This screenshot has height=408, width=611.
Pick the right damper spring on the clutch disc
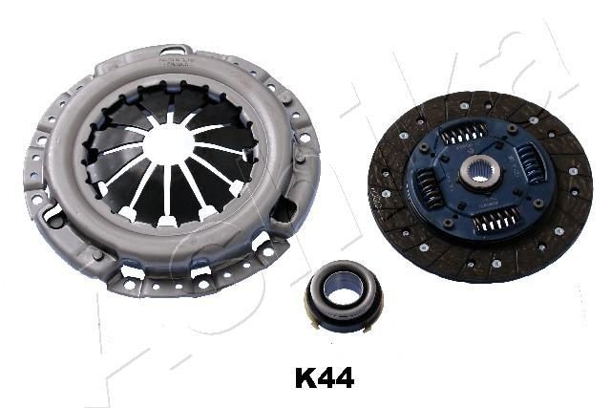531,163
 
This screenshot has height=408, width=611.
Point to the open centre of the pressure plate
169,143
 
